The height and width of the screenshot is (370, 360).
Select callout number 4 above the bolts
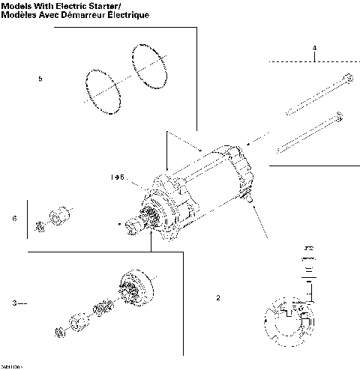pos(314,49)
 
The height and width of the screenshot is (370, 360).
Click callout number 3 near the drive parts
pos(14,303)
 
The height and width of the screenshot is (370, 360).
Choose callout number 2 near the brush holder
pos(218,297)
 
